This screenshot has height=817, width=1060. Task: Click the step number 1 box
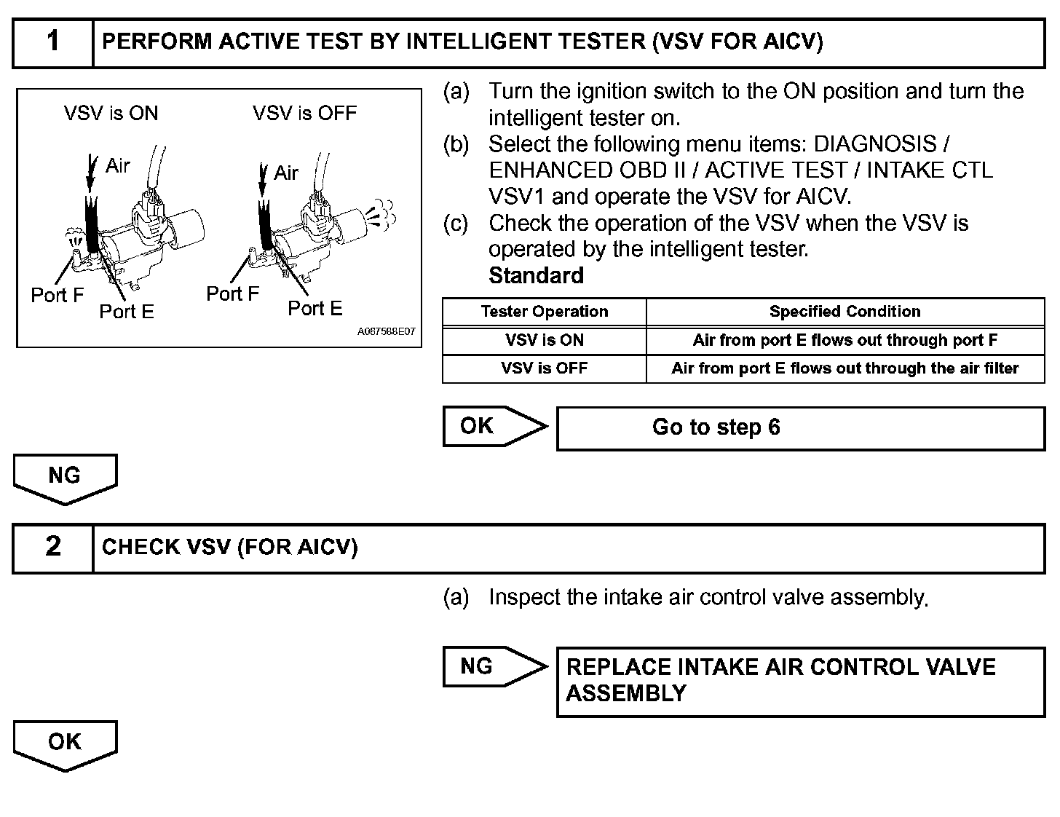(x=53, y=42)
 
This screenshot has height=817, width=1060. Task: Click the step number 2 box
(x=53, y=547)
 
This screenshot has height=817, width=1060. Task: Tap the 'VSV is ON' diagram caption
(x=111, y=114)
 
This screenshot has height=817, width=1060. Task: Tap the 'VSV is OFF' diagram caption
(x=304, y=114)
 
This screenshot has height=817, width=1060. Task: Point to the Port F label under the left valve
(x=57, y=295)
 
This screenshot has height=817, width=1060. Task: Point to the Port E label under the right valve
(x=315, y=308)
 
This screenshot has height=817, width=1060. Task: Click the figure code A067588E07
(x=386, y=332)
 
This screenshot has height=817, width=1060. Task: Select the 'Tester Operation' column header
(x=544, y=312)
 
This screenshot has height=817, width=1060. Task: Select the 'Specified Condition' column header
(x=845, y=312)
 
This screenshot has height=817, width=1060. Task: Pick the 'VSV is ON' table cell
(x=544, y=340)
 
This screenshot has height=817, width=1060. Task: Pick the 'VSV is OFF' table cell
(x=544, y=368)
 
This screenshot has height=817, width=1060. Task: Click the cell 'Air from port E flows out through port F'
(x=845, y=340)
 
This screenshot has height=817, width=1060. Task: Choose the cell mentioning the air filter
(x=845, y=368)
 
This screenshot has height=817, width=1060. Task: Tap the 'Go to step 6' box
(x=800, y=427)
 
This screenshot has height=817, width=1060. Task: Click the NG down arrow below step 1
(x=65, y=478)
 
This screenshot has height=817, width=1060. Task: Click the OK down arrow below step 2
(x=65, y=744)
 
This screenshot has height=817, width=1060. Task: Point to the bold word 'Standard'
(x=536, y=276)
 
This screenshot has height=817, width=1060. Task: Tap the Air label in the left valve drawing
(x=117, y=166)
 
